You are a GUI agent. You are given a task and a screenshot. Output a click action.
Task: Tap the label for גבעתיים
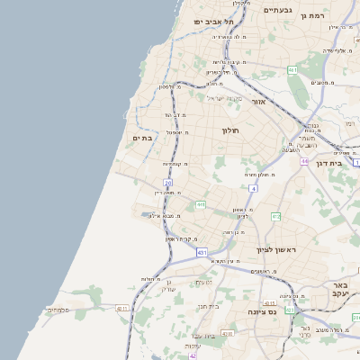tap(277, 10)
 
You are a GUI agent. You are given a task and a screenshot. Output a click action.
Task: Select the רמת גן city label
tap(338, 15)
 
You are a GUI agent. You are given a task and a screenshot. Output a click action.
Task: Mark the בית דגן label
tap(332, 163)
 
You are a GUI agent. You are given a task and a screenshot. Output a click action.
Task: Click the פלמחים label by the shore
tap(58, 310)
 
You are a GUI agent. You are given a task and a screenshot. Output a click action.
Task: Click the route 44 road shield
tap(305, 161)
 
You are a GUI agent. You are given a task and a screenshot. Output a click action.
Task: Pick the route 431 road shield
tap(202, 252)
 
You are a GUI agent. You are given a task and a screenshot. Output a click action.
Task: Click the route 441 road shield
tap(200, 204)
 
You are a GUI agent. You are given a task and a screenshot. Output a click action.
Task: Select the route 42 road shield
tap(193, 355)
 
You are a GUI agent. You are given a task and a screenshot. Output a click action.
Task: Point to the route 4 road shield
tap(254, 189)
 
